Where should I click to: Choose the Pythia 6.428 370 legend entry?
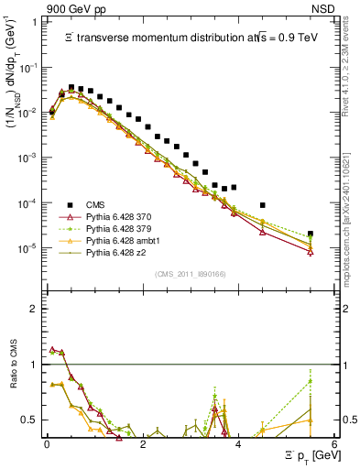[117, 216]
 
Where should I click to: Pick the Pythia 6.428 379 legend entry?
[117, 228]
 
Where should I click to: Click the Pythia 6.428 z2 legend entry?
[114, 252]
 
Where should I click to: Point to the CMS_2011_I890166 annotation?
[190, 274]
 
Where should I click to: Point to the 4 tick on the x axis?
[238, 442]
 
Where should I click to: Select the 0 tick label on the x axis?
[47, 442]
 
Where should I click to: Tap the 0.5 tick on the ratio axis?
[32, 420]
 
